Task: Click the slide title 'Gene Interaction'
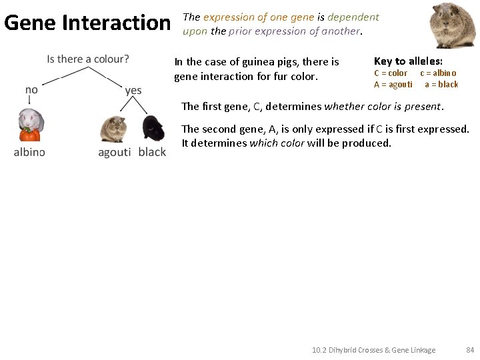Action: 87,23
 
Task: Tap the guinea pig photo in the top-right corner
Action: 453,25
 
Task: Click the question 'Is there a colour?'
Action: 88,59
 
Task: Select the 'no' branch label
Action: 31,89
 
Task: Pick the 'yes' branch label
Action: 133,90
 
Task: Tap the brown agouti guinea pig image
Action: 113,128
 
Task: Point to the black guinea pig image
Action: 153,128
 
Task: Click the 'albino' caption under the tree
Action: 29,152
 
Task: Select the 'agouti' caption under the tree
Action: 115,152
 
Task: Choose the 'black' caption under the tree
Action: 152,152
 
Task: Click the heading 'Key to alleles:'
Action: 408,61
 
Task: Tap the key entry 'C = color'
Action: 391,73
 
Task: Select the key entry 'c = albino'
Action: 438,73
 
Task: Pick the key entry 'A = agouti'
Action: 393,85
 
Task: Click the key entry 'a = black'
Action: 441,85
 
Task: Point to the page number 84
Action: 470,350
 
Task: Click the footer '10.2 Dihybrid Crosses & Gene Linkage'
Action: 373,350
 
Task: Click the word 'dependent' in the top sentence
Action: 353,17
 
